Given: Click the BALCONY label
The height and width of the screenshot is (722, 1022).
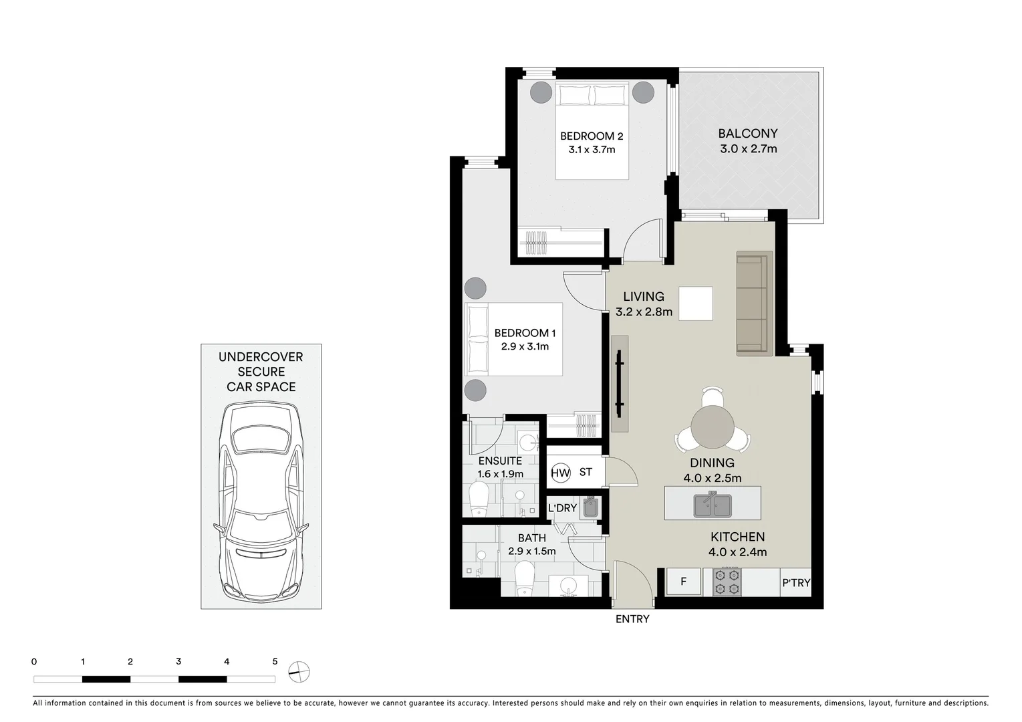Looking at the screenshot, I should [748, 134].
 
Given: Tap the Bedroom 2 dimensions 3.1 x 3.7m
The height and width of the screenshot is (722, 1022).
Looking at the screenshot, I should [592, 150].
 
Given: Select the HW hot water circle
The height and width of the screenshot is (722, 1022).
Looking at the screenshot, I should [560, 473].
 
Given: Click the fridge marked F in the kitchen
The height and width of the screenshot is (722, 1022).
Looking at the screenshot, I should [683, 582].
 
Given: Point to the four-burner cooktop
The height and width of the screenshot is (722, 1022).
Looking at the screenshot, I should [727, 582].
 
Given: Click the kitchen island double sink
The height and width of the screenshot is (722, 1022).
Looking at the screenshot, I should [712, 505].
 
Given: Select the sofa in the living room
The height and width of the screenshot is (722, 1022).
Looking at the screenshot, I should [754, 304].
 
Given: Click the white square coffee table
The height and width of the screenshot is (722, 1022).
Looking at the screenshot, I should [695, 304].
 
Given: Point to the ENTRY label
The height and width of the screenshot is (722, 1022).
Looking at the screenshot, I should [632, 619].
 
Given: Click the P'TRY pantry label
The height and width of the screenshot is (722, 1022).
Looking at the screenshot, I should [795, 583].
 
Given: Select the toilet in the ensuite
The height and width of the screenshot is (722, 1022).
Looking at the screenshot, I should [479, 500].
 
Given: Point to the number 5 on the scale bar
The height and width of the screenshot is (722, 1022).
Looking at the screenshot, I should [275, 662].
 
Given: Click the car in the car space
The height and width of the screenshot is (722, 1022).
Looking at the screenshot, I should [261, 501].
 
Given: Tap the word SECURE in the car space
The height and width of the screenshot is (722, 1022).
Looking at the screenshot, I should [261, 372].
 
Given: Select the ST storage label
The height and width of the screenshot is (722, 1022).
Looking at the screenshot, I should [586, 473].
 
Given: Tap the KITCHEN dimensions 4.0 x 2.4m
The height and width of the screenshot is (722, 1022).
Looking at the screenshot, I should [737, 552].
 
